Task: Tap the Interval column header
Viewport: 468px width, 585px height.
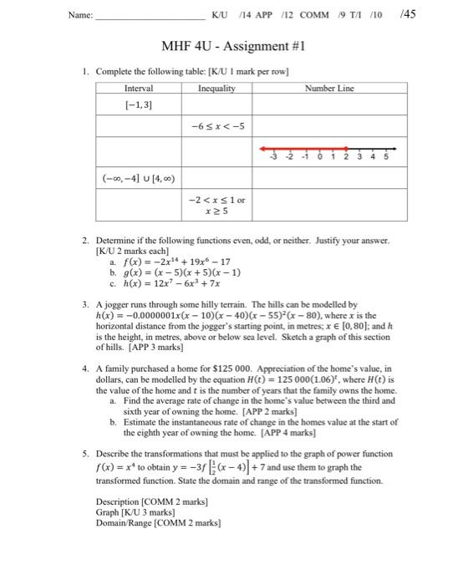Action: tap(139, 88)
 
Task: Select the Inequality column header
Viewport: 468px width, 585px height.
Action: tap(216, 88)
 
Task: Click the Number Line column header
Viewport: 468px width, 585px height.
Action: tap(331, 88)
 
